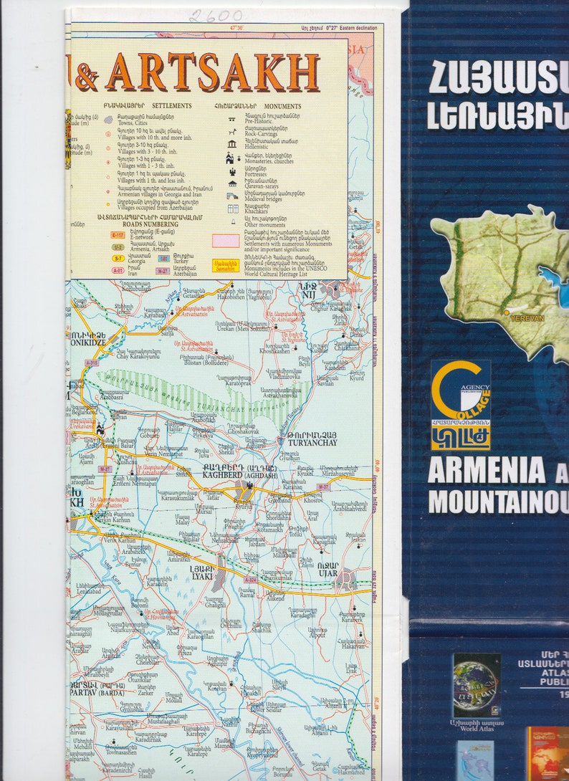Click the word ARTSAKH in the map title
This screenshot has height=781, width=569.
(212, 72)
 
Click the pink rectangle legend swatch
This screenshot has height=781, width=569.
(226, 241)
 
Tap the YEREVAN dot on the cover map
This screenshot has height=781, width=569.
(507, 312)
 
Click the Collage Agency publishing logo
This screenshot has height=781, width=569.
(461, 405)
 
